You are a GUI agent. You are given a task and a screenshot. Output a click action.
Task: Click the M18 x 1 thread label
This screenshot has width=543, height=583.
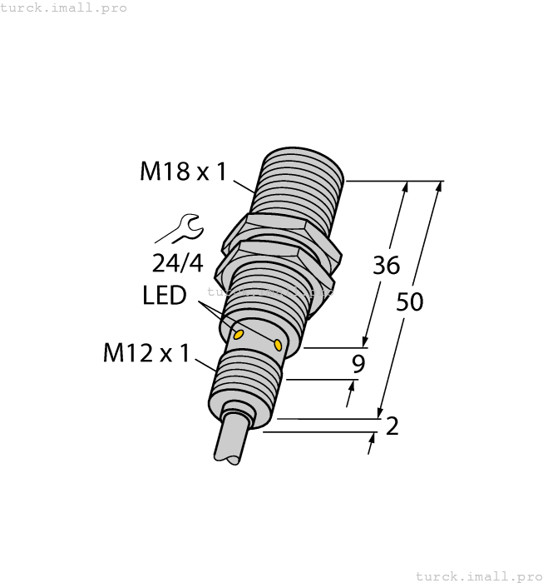[182, 172]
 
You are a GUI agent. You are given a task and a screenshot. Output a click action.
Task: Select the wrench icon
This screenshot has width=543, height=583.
[180, 227]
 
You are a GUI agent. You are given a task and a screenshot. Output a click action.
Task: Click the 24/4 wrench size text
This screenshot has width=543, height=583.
[177, 263]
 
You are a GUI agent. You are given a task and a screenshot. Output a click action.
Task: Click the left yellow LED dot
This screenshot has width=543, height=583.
[239, 335]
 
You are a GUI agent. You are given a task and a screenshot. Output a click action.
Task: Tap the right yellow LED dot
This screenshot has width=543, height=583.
[278, 343]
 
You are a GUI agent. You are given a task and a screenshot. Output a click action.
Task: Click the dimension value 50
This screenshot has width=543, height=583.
[409, 301]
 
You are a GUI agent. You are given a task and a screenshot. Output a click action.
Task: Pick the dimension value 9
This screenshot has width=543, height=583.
[358, 363]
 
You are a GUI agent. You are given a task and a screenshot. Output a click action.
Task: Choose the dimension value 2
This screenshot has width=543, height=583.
[392, 426]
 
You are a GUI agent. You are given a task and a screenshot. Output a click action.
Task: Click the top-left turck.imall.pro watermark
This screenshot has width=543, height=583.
[64, 7]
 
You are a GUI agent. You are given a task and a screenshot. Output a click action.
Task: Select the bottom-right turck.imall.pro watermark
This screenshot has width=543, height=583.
[478, 576]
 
